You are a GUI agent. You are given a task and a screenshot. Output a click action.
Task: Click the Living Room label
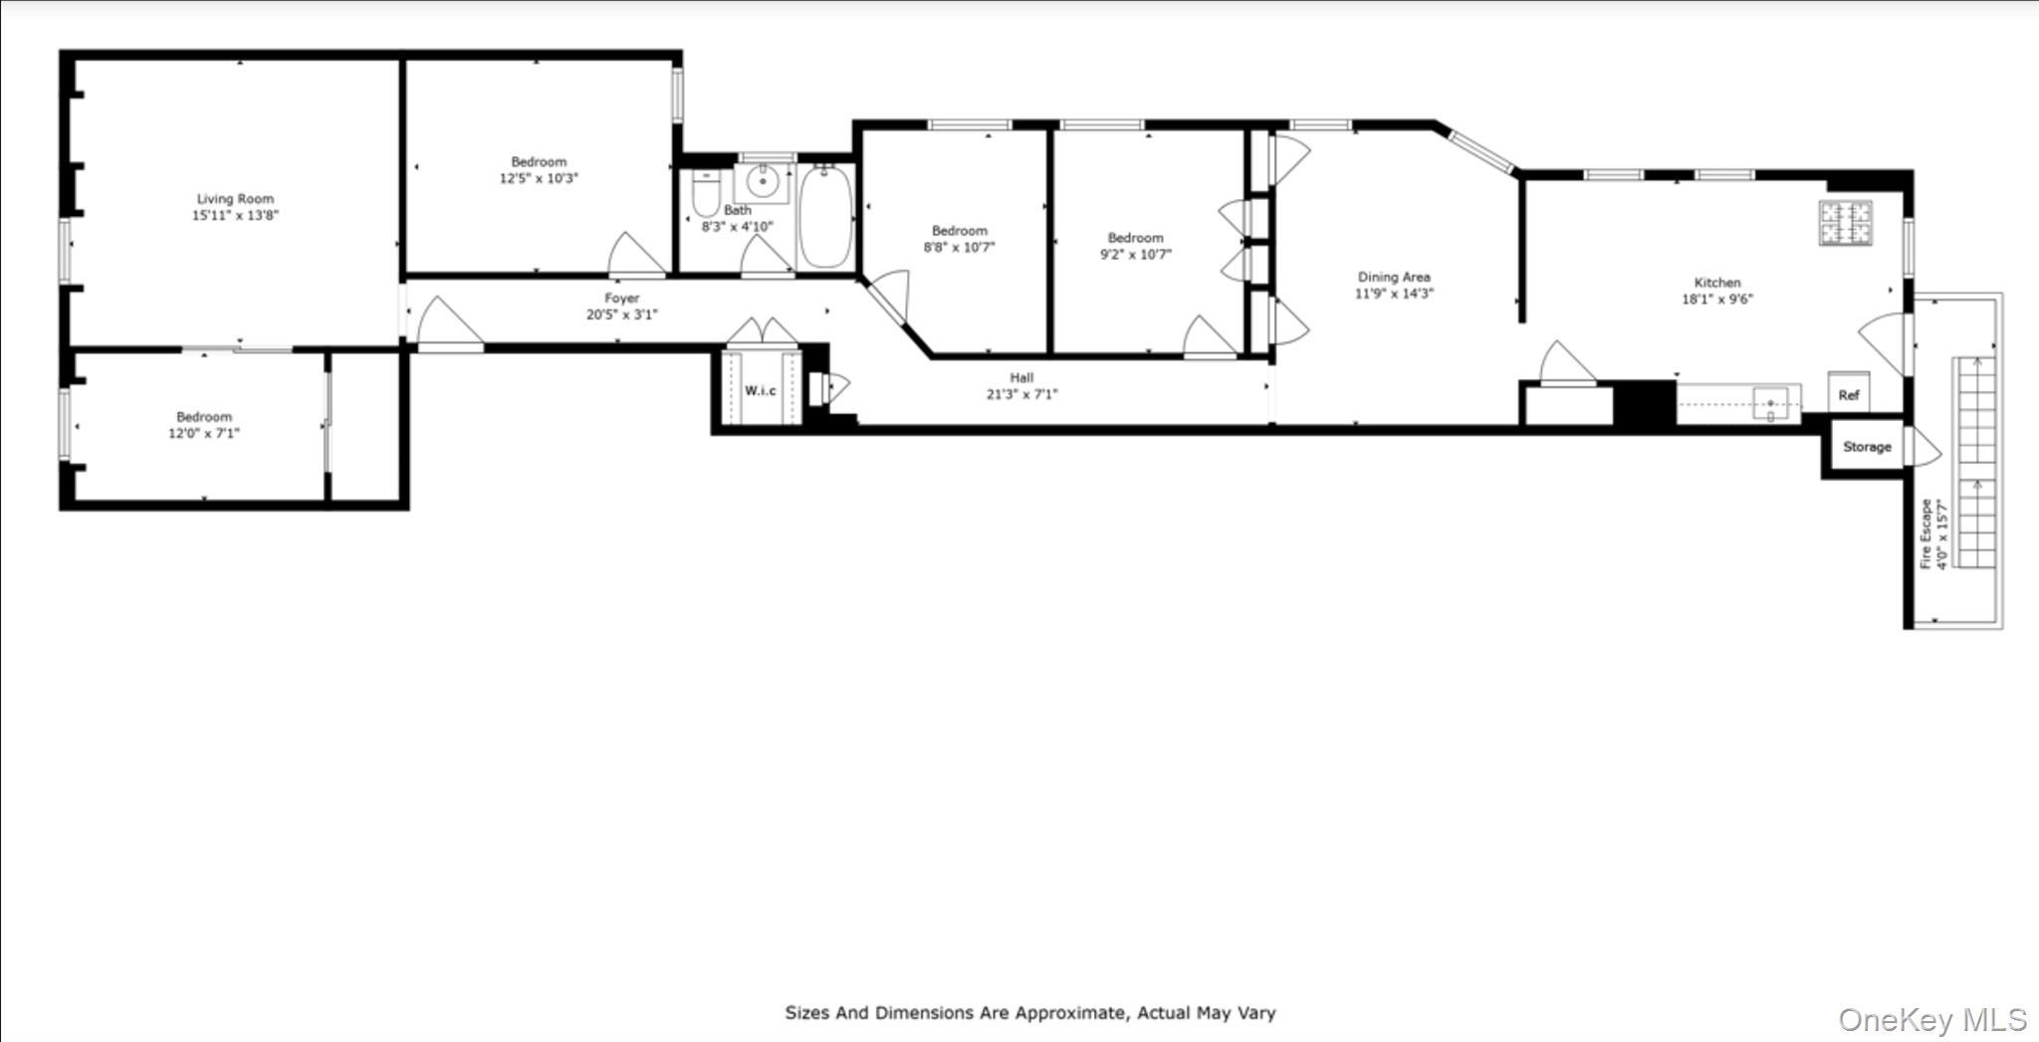pos(235,199)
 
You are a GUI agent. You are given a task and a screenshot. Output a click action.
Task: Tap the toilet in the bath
pos(706,193)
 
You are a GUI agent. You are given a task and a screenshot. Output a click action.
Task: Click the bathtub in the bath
pos(825,216)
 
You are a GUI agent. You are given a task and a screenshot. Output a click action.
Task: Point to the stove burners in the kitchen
pos(1846,223)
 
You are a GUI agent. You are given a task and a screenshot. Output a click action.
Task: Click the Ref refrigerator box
pos(1849,394)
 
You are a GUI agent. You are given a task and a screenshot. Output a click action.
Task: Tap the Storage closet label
pos(1867,447)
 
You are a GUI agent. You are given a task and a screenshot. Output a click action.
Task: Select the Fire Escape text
pos(1926,533)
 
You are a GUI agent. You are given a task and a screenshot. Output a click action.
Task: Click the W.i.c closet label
pos(761,390)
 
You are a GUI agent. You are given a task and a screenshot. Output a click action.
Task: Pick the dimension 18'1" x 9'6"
pos(1717,299)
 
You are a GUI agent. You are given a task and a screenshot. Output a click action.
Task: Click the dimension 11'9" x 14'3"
pos(1394,294)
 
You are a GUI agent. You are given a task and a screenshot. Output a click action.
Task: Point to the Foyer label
pos(622,298)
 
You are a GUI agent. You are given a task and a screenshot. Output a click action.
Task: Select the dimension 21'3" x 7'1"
pos(1021,394)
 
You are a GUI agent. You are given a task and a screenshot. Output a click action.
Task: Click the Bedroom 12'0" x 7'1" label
pos(204,417)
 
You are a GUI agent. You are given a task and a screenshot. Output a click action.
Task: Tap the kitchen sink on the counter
pos(1771,404)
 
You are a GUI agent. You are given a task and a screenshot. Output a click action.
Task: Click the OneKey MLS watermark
pos(1931,1020)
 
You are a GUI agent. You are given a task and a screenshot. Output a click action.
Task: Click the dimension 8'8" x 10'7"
pos(959,247)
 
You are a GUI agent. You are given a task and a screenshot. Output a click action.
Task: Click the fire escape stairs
pos(1976,463)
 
